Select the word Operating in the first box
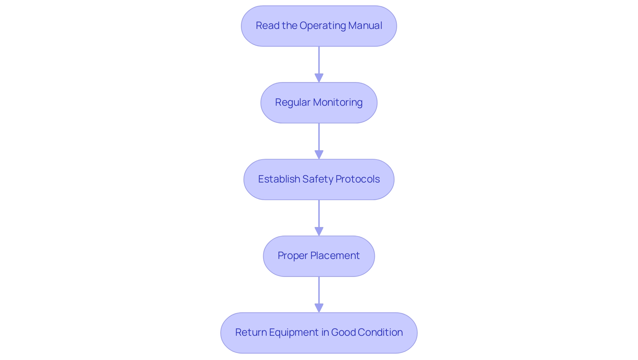pyautogui.click(x=322, y=26)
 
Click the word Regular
pyautogui.click(x=292, y=102)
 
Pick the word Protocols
pyautogui.click(x=358, y=179)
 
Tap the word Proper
pyautogui.click(x=293, y=256)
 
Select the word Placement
pyautogui.click(x=335, y=256)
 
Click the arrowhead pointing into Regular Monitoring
pyautogui.click(x=319, y=78)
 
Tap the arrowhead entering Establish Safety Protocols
pyautogui.click(x=319, y=155)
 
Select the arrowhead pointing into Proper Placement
pyautogui.click(x=319, y=231)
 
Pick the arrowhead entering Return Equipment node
pyautogui.click(x=319, y=308)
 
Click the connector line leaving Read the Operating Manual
pyautogui.click(x=319, y=60)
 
